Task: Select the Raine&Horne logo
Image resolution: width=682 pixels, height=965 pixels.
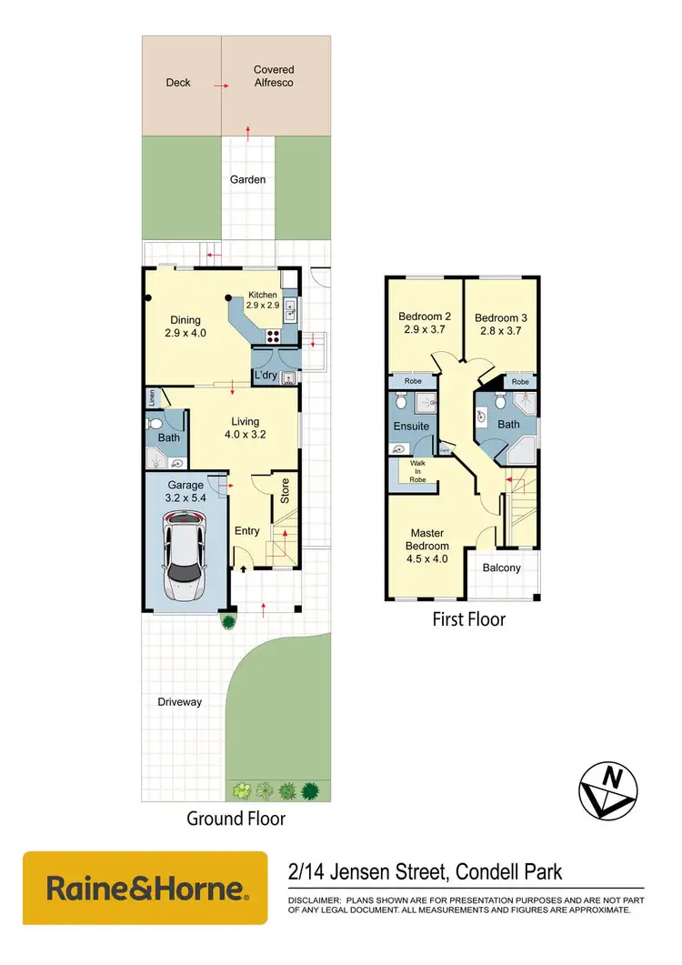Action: [x=145, y=888]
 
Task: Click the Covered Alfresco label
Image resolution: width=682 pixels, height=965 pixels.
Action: [x=274, y=75]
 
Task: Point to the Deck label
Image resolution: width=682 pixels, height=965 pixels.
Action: [x=178, y=83]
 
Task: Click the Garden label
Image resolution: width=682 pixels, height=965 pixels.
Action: [x=247, y=180]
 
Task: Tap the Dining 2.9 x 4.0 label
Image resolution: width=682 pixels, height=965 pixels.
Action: [x=186, y=327]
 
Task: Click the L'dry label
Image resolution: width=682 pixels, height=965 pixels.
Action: [x=266, y=376]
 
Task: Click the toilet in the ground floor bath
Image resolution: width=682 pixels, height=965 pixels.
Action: [x=155, y=424]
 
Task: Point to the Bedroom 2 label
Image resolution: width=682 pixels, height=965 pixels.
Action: [x=425, y=324]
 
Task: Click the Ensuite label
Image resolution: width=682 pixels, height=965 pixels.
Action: [x=411, y=426]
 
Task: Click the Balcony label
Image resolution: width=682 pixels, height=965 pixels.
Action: [x=502, y=568]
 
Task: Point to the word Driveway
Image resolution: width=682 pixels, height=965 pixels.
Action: [x=178, y=702]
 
